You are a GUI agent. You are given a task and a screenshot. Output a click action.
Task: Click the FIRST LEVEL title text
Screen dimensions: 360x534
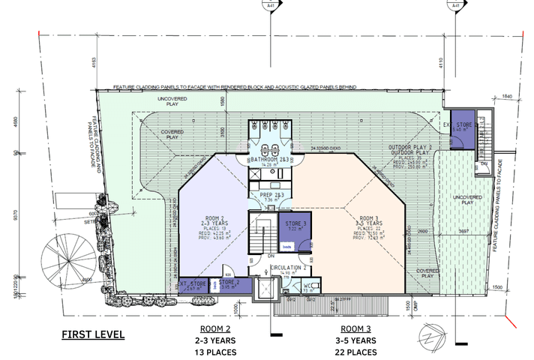point(93,334)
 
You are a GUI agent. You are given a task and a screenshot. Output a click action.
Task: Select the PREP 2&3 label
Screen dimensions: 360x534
point(271,195)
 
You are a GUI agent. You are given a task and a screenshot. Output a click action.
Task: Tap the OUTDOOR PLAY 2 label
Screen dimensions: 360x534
point(409,147)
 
